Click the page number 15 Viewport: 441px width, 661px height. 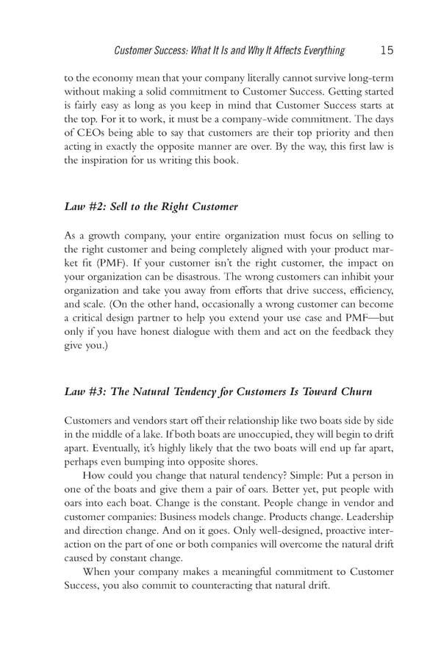387,50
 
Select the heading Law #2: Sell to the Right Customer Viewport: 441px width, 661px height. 151,207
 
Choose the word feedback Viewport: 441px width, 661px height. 349,330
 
